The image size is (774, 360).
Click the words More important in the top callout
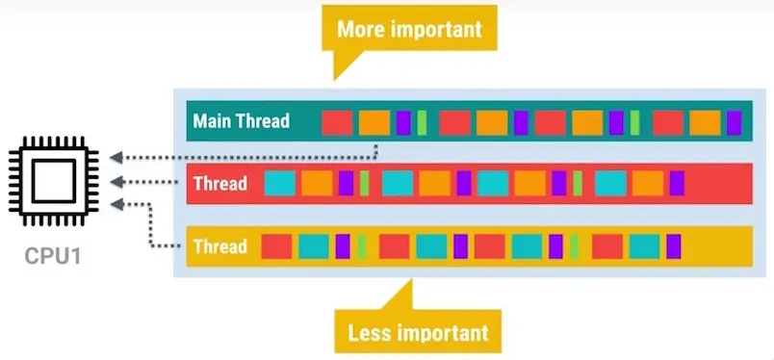pyautogui.click(x=408, y=30)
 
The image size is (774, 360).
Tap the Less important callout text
pyautogui.click(x=418, y=333)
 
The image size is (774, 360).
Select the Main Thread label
pyautogui.click(x=240, y=122)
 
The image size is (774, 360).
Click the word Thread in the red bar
pyautogui.click(x=219, y=183)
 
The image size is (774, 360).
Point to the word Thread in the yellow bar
pyautogui.click(x=219, y=246)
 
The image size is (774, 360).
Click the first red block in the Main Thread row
pyautogui.click(x=336, y=122)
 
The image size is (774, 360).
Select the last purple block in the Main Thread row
pyautogui.click(x=735, y=122)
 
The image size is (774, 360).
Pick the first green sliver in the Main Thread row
pyautogui.click(x=422, y=122)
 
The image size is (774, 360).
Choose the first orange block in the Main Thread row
pyautogui.click(x=374, y=122)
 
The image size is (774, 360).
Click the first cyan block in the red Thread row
pyautogui.click(x=280, y=183)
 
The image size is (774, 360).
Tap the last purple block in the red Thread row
pyautogui.click(x=677, y=183)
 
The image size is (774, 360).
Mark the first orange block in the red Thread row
pyautogui.click(x=317, y=183)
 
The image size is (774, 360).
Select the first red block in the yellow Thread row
pyautogui.click(x=277, y=246)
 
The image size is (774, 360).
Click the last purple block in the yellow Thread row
pyautogui.click(x=673, y=246)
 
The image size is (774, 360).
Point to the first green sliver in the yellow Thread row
pyautogui.click(x=361, y=246)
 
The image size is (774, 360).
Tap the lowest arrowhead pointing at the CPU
pyautogui.click(x=115, y=203)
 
